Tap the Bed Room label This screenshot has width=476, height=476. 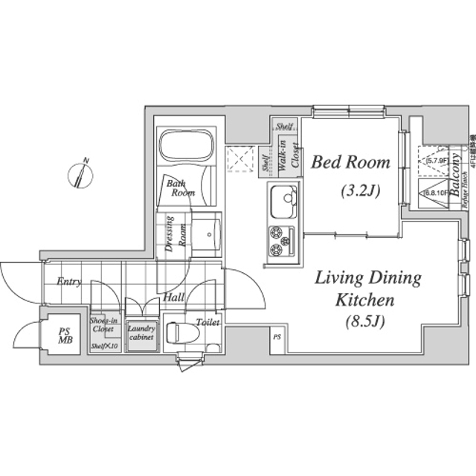[x=350, y=161]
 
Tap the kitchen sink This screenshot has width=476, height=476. [x=283, y=199]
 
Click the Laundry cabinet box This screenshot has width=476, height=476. [x=141, y=333]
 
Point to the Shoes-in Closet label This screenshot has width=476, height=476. [x=103, y=325]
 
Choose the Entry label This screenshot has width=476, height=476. [x=68, y=283]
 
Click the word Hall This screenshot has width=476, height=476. [x=173, y=297]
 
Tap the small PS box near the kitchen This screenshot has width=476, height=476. [x=276, y=337]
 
